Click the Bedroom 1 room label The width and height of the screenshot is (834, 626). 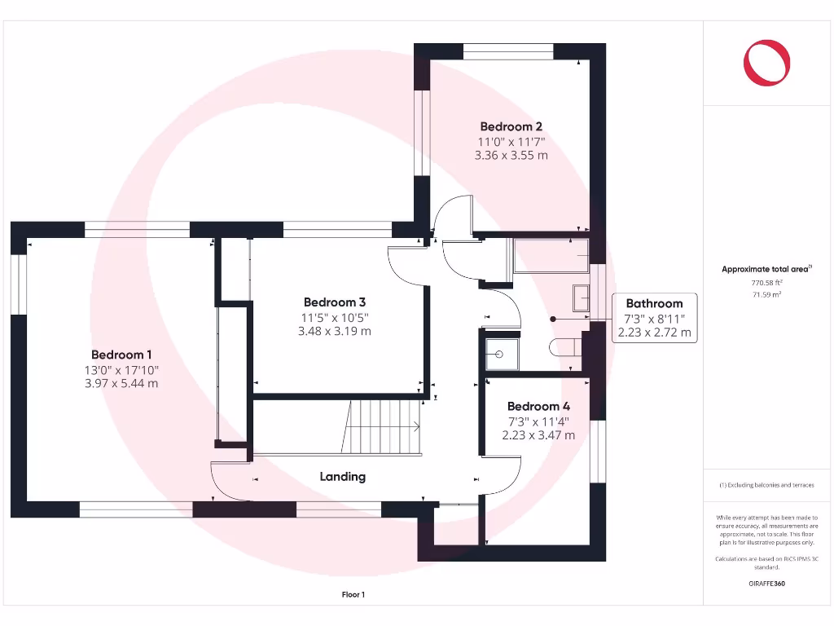[121, 355]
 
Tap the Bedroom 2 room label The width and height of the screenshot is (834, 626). [511, 126]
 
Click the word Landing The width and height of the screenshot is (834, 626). [342, 476]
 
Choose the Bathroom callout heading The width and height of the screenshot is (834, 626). [654, 303]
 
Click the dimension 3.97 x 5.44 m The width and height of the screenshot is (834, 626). [121, 383]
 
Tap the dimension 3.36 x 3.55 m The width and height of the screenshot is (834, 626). [511, 155]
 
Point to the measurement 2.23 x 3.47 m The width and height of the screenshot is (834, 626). [538, 435]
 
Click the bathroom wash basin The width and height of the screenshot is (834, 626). [582, 298]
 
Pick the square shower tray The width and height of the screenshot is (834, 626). [498, 354]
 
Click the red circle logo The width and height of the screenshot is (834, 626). [766, 63]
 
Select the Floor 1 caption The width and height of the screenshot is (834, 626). [353, 595]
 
